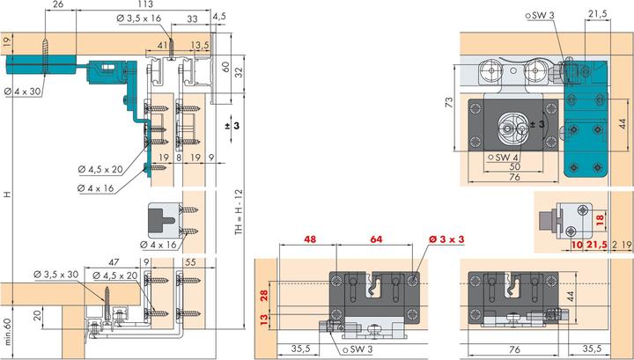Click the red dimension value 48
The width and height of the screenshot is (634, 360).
pyautogui.click(x=310, y=239)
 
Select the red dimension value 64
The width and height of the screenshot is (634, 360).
pyautogui.click(x=376, y=239)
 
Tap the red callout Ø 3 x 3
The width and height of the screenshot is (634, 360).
pyautogui.click(x=446, y=239)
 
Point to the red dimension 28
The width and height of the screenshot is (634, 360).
pyautogui.click(x=264, y=296)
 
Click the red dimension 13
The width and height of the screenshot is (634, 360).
pyautogui.click(x=264, y=320)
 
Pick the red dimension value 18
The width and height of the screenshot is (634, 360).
pyautogui.click(x=600, y=219)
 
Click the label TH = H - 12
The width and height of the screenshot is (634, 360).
pyautogui.click(x=239, y=212)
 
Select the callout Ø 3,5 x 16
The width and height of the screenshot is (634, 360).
pyautogui.click(x=139, y=18)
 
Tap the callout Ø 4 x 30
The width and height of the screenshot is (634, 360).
pyautogui.click(x=23, y=92)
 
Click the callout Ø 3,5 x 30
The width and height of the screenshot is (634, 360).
pyautogui.click(x=56, y=275)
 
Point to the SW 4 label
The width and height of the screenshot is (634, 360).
pyautogui.click(x=504, y=157)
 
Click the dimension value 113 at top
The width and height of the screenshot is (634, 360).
pyautogui.click(x=145, y=4)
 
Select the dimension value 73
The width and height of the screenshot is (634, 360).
pyautogui.click(x=449, y=102)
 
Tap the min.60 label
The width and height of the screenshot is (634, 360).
pyautogui.click(x=7, y=332)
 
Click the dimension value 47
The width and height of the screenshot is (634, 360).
pyautogui.click(x=114, y=262)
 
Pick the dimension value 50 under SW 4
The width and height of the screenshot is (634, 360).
pyautogui.click(x=515, y=166)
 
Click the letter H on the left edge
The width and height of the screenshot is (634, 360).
pyautogui.click(x=7, y=195)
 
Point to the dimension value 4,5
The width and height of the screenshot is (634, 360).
pyautogui.click(x=218, y=16)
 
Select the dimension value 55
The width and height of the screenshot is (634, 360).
pyautogui.click(x=190, y=262)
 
